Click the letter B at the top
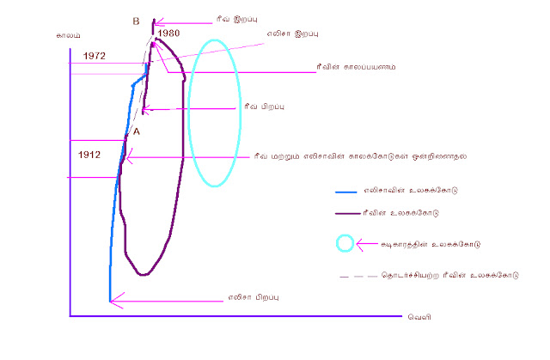pyautogui.click(x=137, y=21)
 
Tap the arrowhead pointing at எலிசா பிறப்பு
pyautogui.click(x=113, y=299)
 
